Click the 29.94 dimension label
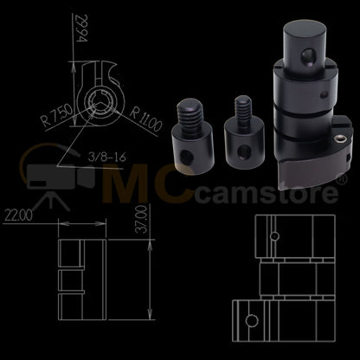80,29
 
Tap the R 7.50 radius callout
56,115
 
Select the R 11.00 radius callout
145,119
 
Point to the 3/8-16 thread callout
106,157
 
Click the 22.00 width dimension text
18,215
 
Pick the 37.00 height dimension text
142,220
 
